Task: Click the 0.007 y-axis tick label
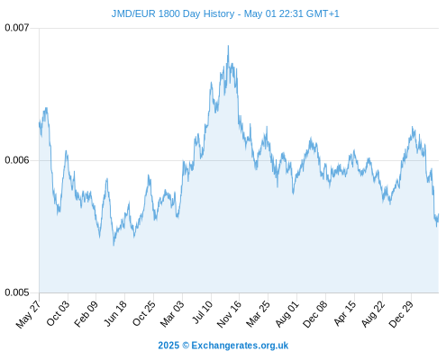coord(17,28)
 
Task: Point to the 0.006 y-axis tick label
coord(17,160)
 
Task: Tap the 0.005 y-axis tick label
coord(17,292)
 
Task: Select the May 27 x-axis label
coord(28,314)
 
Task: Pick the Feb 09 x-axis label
coord(86,313)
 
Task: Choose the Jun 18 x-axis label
coord(115,313)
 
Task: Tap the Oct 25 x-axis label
coord(144,313)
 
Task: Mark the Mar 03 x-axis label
coord(172,313)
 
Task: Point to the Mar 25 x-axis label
coord(259,313)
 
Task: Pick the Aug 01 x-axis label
coord(287,313)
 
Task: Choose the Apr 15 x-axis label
coord(345,313)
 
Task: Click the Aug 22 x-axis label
coord(373,313)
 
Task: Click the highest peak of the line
coord(228,46)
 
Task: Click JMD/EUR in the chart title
coord(133,13)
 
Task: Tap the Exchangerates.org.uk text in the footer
coord(240,346)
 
